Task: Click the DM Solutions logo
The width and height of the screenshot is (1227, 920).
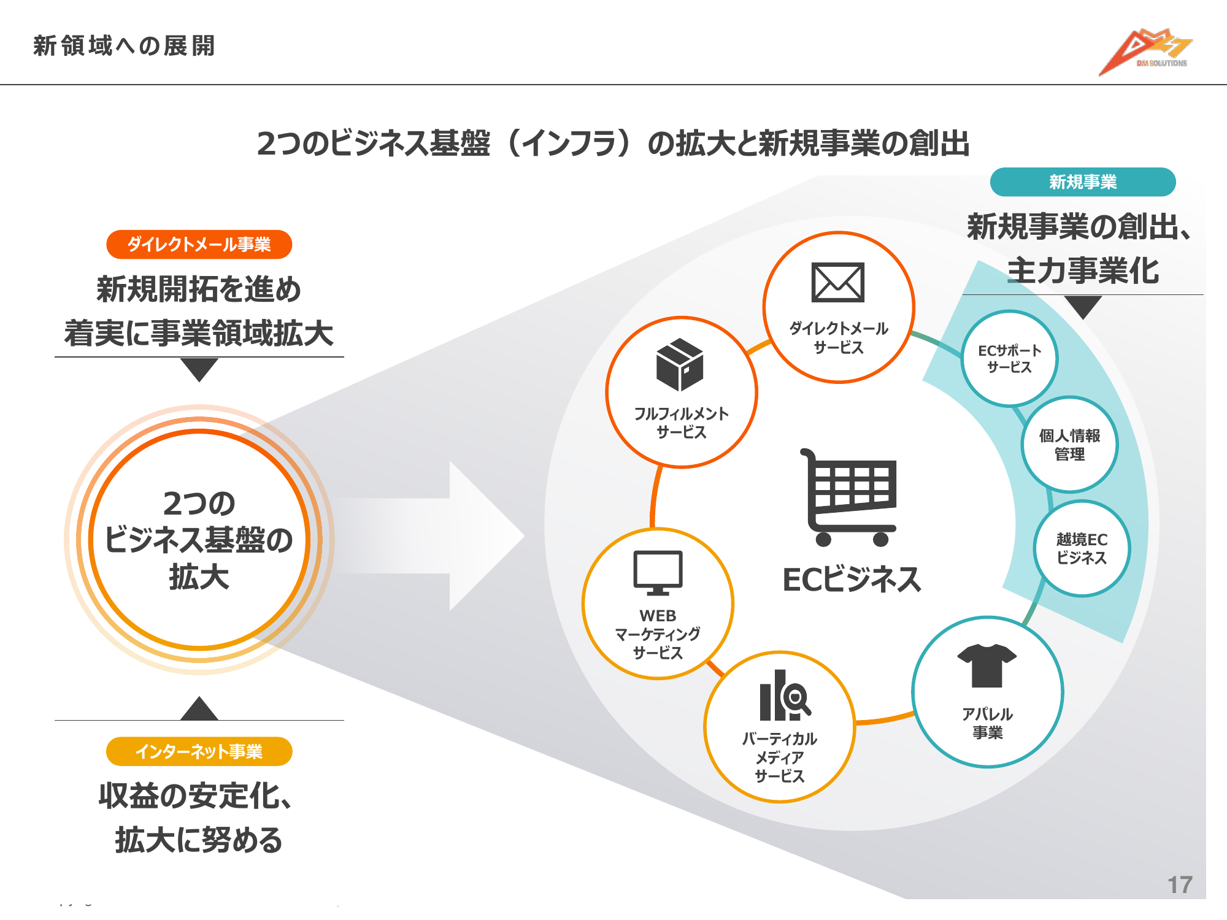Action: pos(1145,52)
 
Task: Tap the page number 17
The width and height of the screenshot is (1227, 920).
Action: pos(1179,884)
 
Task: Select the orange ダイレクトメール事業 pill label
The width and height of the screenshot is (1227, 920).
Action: pos(199,245)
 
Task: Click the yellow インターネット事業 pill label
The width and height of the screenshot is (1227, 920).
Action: pos(199,751)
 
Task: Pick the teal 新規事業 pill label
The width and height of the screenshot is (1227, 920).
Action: pos(1082,182)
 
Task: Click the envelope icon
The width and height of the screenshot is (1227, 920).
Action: pos(838,283)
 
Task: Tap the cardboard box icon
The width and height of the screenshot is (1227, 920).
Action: pos(680,364)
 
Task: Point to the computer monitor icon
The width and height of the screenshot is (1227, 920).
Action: pos(658,572)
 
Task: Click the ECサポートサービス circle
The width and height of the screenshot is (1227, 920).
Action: pos(1009,359)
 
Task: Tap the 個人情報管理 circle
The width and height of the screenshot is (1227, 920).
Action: pos(1069,445)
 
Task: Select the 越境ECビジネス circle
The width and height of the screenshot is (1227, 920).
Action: pos(1082,548)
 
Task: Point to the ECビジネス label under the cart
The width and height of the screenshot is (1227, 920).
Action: pos(852,580)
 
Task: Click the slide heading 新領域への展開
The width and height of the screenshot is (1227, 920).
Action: pos(124,46)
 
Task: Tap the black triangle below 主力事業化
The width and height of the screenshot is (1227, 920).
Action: pos(1083,306)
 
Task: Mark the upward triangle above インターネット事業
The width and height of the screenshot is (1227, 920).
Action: pos(199,709)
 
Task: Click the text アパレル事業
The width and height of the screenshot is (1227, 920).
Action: pos(987,723)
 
